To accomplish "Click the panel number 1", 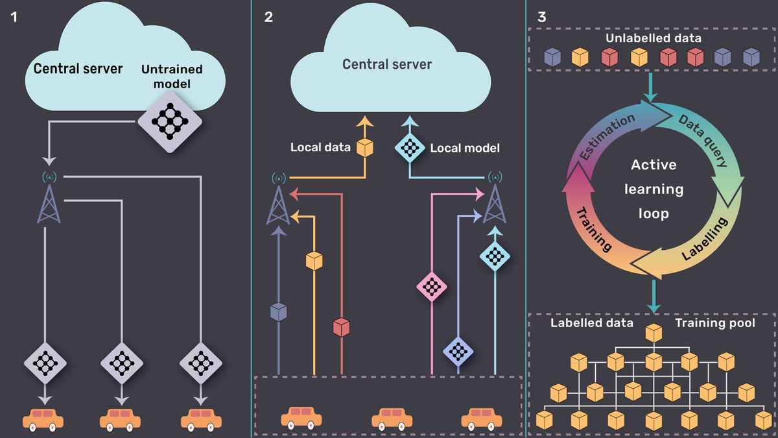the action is pos(14,17).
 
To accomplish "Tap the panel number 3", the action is pos(541,17).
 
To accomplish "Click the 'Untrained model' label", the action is pos(172,77).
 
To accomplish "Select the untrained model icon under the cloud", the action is pos(170,122).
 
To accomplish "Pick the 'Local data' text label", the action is pos(320,147).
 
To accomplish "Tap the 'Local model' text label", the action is pos(465,148).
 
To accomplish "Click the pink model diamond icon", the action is pos(432,287).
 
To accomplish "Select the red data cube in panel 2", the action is pos(342,327).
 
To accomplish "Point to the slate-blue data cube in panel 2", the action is pos(279,312).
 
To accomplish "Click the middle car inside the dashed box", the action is pos(392,418).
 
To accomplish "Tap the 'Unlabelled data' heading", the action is pos(654,38).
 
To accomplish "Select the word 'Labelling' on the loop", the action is pos(705,239).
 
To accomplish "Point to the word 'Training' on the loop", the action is pos(594,230).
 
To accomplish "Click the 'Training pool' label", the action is pos(715,323).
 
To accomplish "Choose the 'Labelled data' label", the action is pos(592,323).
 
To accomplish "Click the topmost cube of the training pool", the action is pos(654,333).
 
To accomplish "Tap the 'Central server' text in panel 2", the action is pos(387,64).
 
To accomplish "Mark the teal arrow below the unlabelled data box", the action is pos(650,87).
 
